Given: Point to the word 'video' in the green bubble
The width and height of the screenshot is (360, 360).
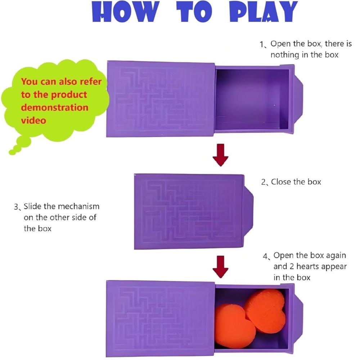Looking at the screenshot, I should [x=33, y=120].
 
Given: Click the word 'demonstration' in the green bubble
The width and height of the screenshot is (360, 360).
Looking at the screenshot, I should [x=54, y=107].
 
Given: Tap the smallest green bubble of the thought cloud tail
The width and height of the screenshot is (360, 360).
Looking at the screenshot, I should [x=13, y=152].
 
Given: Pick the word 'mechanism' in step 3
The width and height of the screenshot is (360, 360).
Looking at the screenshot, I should [x=78, y=207].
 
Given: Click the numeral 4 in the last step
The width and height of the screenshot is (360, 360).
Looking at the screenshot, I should [x=265, y=256].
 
